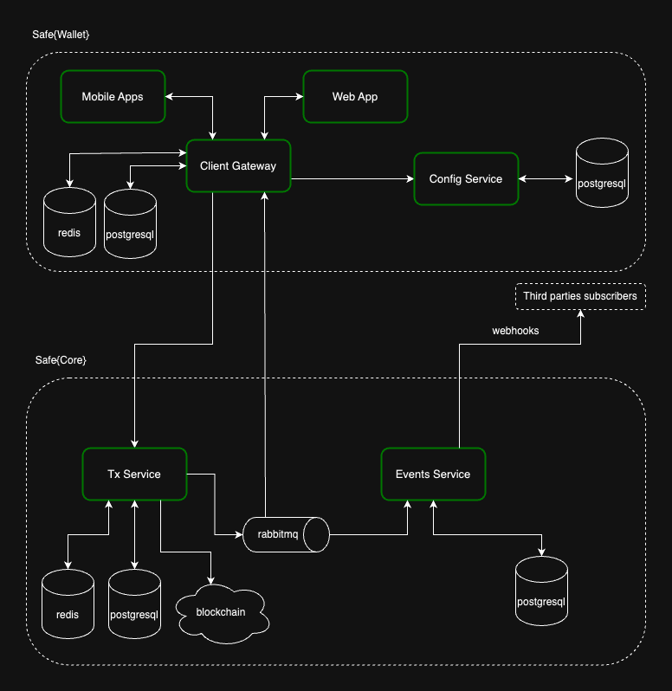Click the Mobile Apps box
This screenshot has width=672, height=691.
tap(113, 96)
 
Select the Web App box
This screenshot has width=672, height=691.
tap(355, 96)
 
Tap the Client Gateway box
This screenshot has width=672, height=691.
tap(238, 165)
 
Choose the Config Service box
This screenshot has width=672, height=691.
tap(466, 179)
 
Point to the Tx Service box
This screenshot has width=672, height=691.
tap(134, 474)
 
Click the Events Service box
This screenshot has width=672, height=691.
tap(433, 474)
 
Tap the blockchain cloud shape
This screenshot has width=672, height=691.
tap(221, 612)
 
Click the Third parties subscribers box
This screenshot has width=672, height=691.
tap(580, 296)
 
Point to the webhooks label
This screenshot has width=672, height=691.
tap(515, 330)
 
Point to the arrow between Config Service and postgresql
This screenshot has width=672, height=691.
tap(547, 179)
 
